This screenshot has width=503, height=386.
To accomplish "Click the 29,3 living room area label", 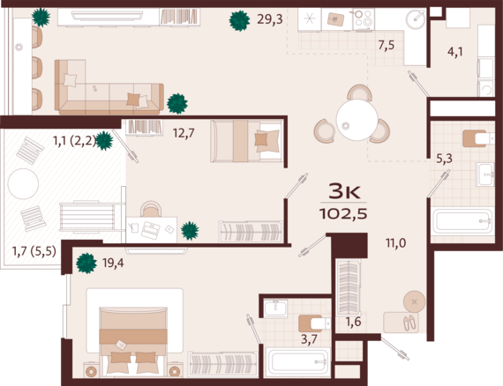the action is pos(270,19).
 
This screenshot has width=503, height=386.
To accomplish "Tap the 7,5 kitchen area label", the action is pos(387,46).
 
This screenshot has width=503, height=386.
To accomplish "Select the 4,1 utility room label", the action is pos(455,52).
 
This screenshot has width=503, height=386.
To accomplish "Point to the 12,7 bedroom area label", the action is pos(184,132).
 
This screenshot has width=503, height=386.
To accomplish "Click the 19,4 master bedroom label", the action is pos(113,264).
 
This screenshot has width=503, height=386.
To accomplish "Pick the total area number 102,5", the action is pos(343,214).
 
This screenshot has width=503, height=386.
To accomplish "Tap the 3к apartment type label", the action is pos(344,191).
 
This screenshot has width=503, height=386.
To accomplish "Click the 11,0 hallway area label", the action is pos(396,243).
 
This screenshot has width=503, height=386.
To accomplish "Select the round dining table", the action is pos(357,120).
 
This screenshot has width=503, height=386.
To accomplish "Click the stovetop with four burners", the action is pos(364,19).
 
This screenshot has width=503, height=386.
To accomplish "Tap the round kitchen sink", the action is pos(416,19).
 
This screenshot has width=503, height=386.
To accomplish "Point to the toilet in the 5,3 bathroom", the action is pos(478,138).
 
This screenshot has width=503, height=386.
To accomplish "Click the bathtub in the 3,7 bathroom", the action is pos(298,361).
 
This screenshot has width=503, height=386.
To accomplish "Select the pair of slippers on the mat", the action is pos(409,323).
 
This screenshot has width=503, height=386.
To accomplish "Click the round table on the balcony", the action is pos(23,184).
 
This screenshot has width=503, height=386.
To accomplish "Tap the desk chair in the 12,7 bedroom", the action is pos(150,209).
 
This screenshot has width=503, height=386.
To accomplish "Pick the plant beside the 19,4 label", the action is pos(86,263).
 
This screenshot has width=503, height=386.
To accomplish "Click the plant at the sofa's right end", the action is pos(177,103).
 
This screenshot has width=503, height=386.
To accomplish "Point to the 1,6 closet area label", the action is pos(353,322).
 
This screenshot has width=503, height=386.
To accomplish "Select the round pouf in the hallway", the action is pos(415,301).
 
